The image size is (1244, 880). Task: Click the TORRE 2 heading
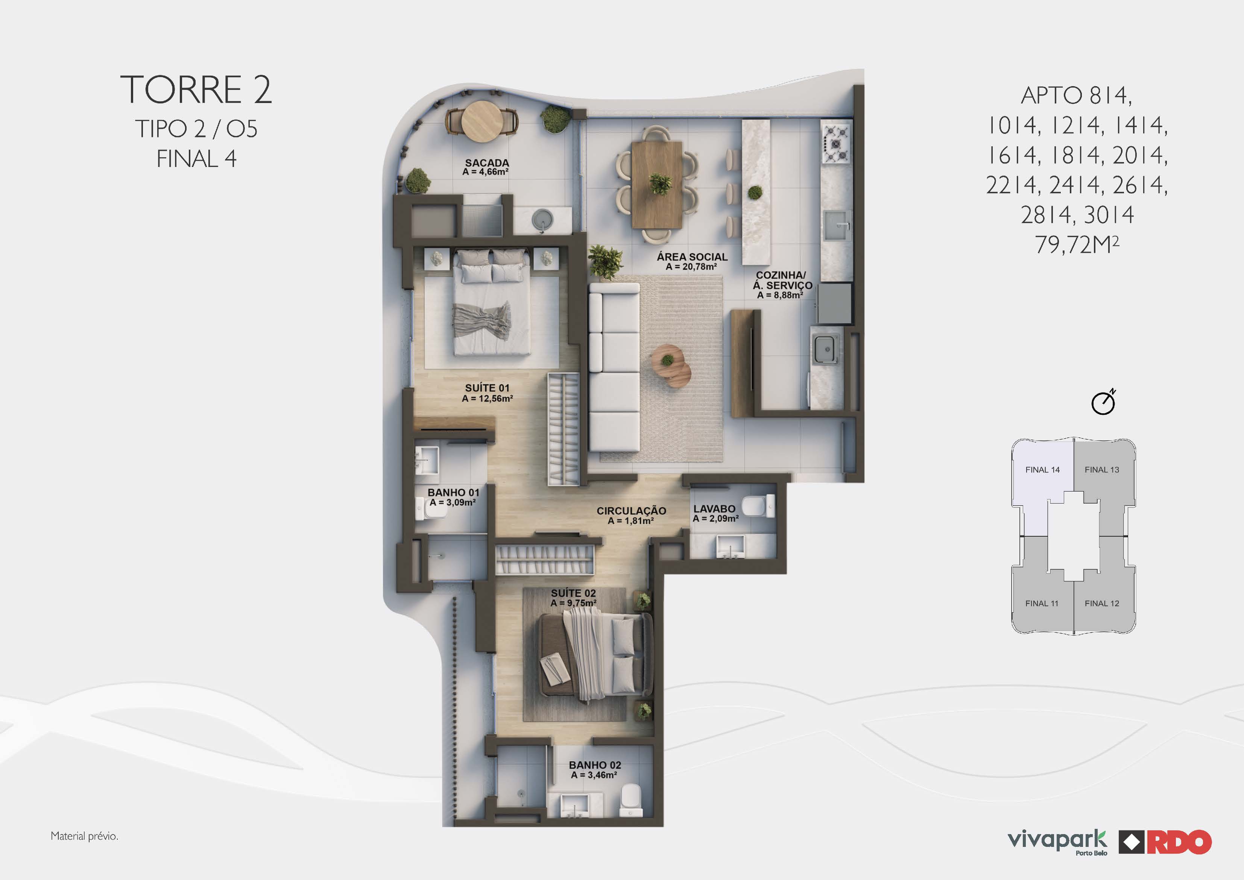pyautogui.click(x=196, y=90)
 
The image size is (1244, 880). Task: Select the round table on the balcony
pyautogui.click(x=482, y=121)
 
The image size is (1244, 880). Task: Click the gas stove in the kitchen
pyautogui.click(x=836, y=143)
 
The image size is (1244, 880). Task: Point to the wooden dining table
pyautogui.click(x=657, y=184)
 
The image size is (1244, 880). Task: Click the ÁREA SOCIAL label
pyautogui.click(x=692, y=257)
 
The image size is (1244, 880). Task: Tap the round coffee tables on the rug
pyautogui.click(x=671, y=365)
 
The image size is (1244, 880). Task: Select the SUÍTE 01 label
pyautogui.click(x=487, y=388)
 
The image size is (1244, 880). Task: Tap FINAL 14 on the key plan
pyautogui.click(x=1042, y=470)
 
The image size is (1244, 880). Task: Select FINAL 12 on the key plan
pyautogui.click(x=1101, y=603)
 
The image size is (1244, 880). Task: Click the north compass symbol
pyautogui.click(x=1103, y=402)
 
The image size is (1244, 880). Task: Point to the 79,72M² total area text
pyautogui.click(x=1077, y=244)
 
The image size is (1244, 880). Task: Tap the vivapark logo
pyautogui.click(x=1057, y=841)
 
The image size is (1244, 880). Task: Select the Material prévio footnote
pyautogui.click(x=84, y=836)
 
